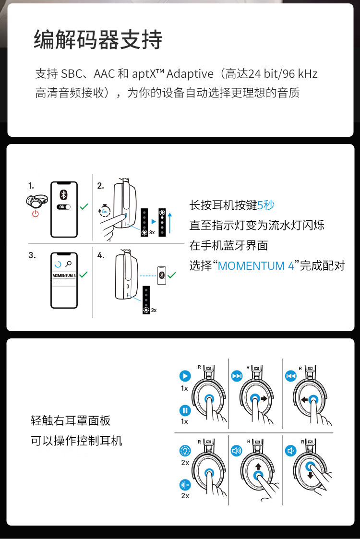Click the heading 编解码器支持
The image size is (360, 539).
point(98,39)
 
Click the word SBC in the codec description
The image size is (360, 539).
point(72,74)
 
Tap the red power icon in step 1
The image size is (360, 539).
point(35,214)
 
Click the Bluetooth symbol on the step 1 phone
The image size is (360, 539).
point(64,194)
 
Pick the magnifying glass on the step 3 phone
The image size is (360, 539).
point(69,264)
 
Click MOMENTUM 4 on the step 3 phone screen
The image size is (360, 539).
point(64,275)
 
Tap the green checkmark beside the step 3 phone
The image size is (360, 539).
point(84,275)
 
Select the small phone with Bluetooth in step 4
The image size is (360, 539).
point(162,275)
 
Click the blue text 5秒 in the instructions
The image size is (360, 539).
point(266,205)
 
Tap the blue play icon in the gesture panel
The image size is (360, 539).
point(185,376)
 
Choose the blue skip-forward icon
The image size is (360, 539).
point(237,376)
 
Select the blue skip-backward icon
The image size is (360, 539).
point(290,376)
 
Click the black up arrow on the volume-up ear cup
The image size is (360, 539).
point(258,466)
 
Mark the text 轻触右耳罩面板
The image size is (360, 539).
point(71,421)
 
